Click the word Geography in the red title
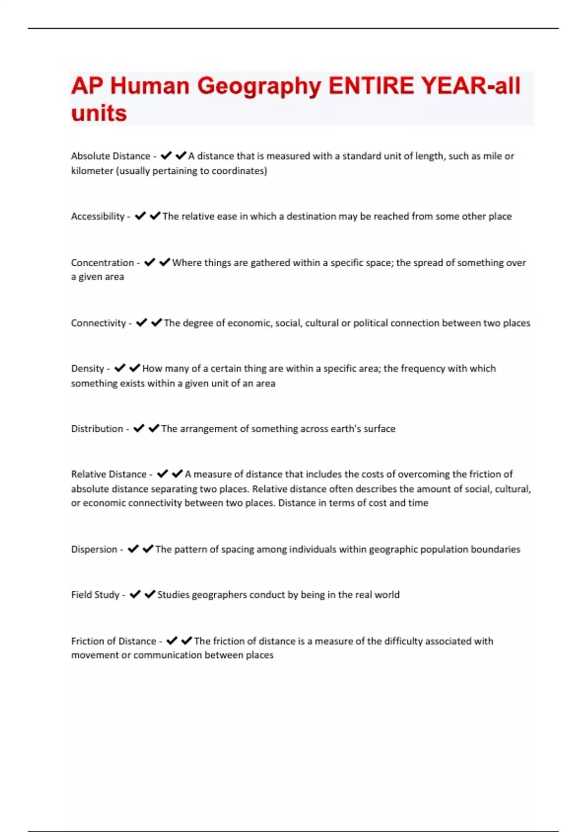(x=259, y=87)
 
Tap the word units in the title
(x=99, y=114)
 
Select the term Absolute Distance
(x=111, y=156)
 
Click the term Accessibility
(x=98, y=216)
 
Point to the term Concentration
(x=102, y=263)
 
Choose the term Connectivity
(x=98, y=323)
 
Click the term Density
(x=88, y=369)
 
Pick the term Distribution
(x=97, y=429)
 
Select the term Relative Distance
(x=109, y=474)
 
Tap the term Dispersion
(x=94, y=549)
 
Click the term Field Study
(x=95, y=595)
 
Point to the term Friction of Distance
(x=113, y=641)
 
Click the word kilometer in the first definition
(x=92, y=171)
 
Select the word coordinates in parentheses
(x=239, y=171)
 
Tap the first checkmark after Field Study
(x=135, y=595)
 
